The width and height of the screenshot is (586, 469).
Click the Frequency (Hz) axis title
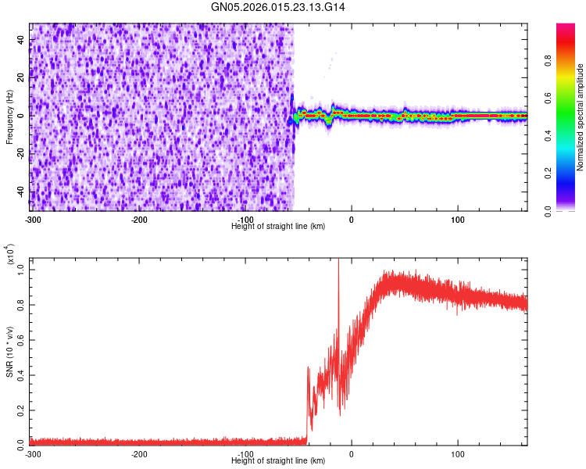click(9, 116)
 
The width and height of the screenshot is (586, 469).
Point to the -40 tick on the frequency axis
click(20, 192)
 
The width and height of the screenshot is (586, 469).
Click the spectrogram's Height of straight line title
click(278, 226)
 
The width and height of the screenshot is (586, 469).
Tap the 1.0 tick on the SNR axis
click(20, 269)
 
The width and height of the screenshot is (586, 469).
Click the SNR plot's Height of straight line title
click(278, 462)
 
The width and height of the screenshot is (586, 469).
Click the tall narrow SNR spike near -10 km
click(338, 281)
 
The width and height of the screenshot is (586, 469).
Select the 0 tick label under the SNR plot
click(351, 454)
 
